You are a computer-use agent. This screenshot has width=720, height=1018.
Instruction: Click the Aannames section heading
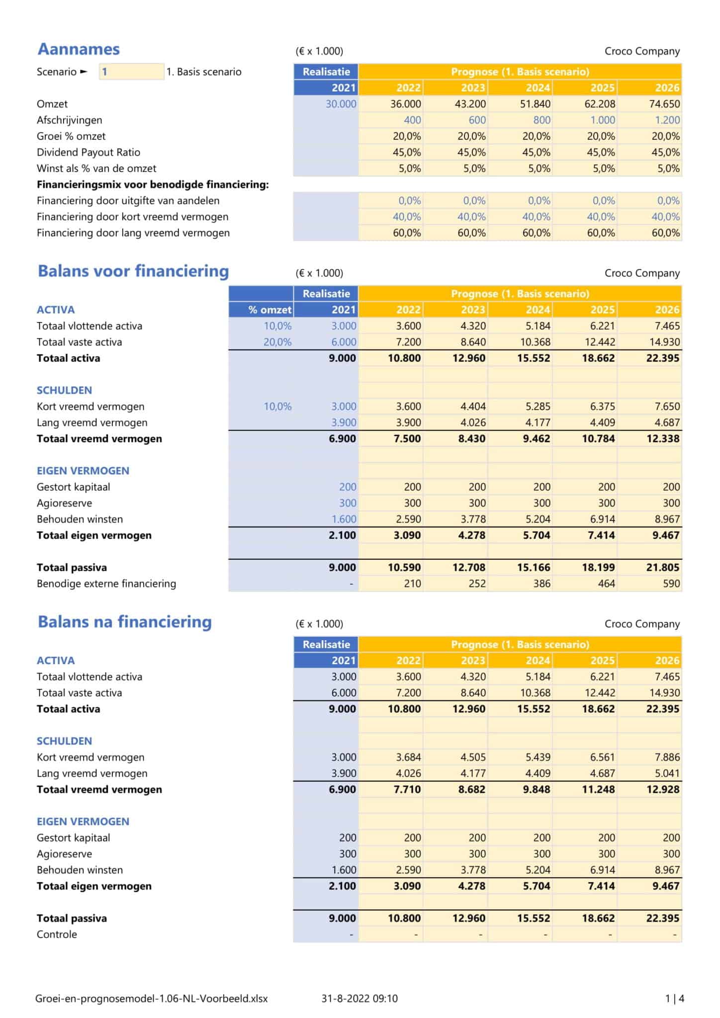click(79, 49)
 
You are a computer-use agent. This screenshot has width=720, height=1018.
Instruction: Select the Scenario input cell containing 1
click(131, 72)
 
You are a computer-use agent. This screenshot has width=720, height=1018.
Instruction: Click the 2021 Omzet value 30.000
click(341, 104)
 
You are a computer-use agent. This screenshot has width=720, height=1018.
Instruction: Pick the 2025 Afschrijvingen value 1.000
click(602, 120)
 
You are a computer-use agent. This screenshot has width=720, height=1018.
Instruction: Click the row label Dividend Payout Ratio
click(89, 152)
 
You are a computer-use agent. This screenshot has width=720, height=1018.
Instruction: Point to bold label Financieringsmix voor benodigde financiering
click(152, 184)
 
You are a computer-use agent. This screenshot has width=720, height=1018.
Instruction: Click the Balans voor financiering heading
click(133, 271)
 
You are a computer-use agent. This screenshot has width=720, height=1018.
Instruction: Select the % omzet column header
click(270, 310)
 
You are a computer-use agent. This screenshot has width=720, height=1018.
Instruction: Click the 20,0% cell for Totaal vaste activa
click(277, 342)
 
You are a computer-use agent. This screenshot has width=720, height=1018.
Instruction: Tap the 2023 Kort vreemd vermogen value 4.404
click(472, 406)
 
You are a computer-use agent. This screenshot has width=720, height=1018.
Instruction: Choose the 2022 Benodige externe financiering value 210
click(412, 584)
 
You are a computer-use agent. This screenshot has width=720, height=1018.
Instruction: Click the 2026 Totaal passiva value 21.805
click(662, 567)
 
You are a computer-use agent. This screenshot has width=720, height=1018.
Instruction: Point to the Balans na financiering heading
click(124, 622)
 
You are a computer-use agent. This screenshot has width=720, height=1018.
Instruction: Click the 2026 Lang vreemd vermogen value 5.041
click(667, 773)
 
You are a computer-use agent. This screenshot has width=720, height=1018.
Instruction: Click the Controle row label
click(57, 934)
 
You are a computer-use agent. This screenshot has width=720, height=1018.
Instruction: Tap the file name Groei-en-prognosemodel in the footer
click(151, 998)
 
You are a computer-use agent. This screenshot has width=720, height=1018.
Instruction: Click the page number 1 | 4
click(674, 998)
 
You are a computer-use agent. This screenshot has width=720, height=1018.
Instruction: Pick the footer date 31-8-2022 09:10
click(360, 998)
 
